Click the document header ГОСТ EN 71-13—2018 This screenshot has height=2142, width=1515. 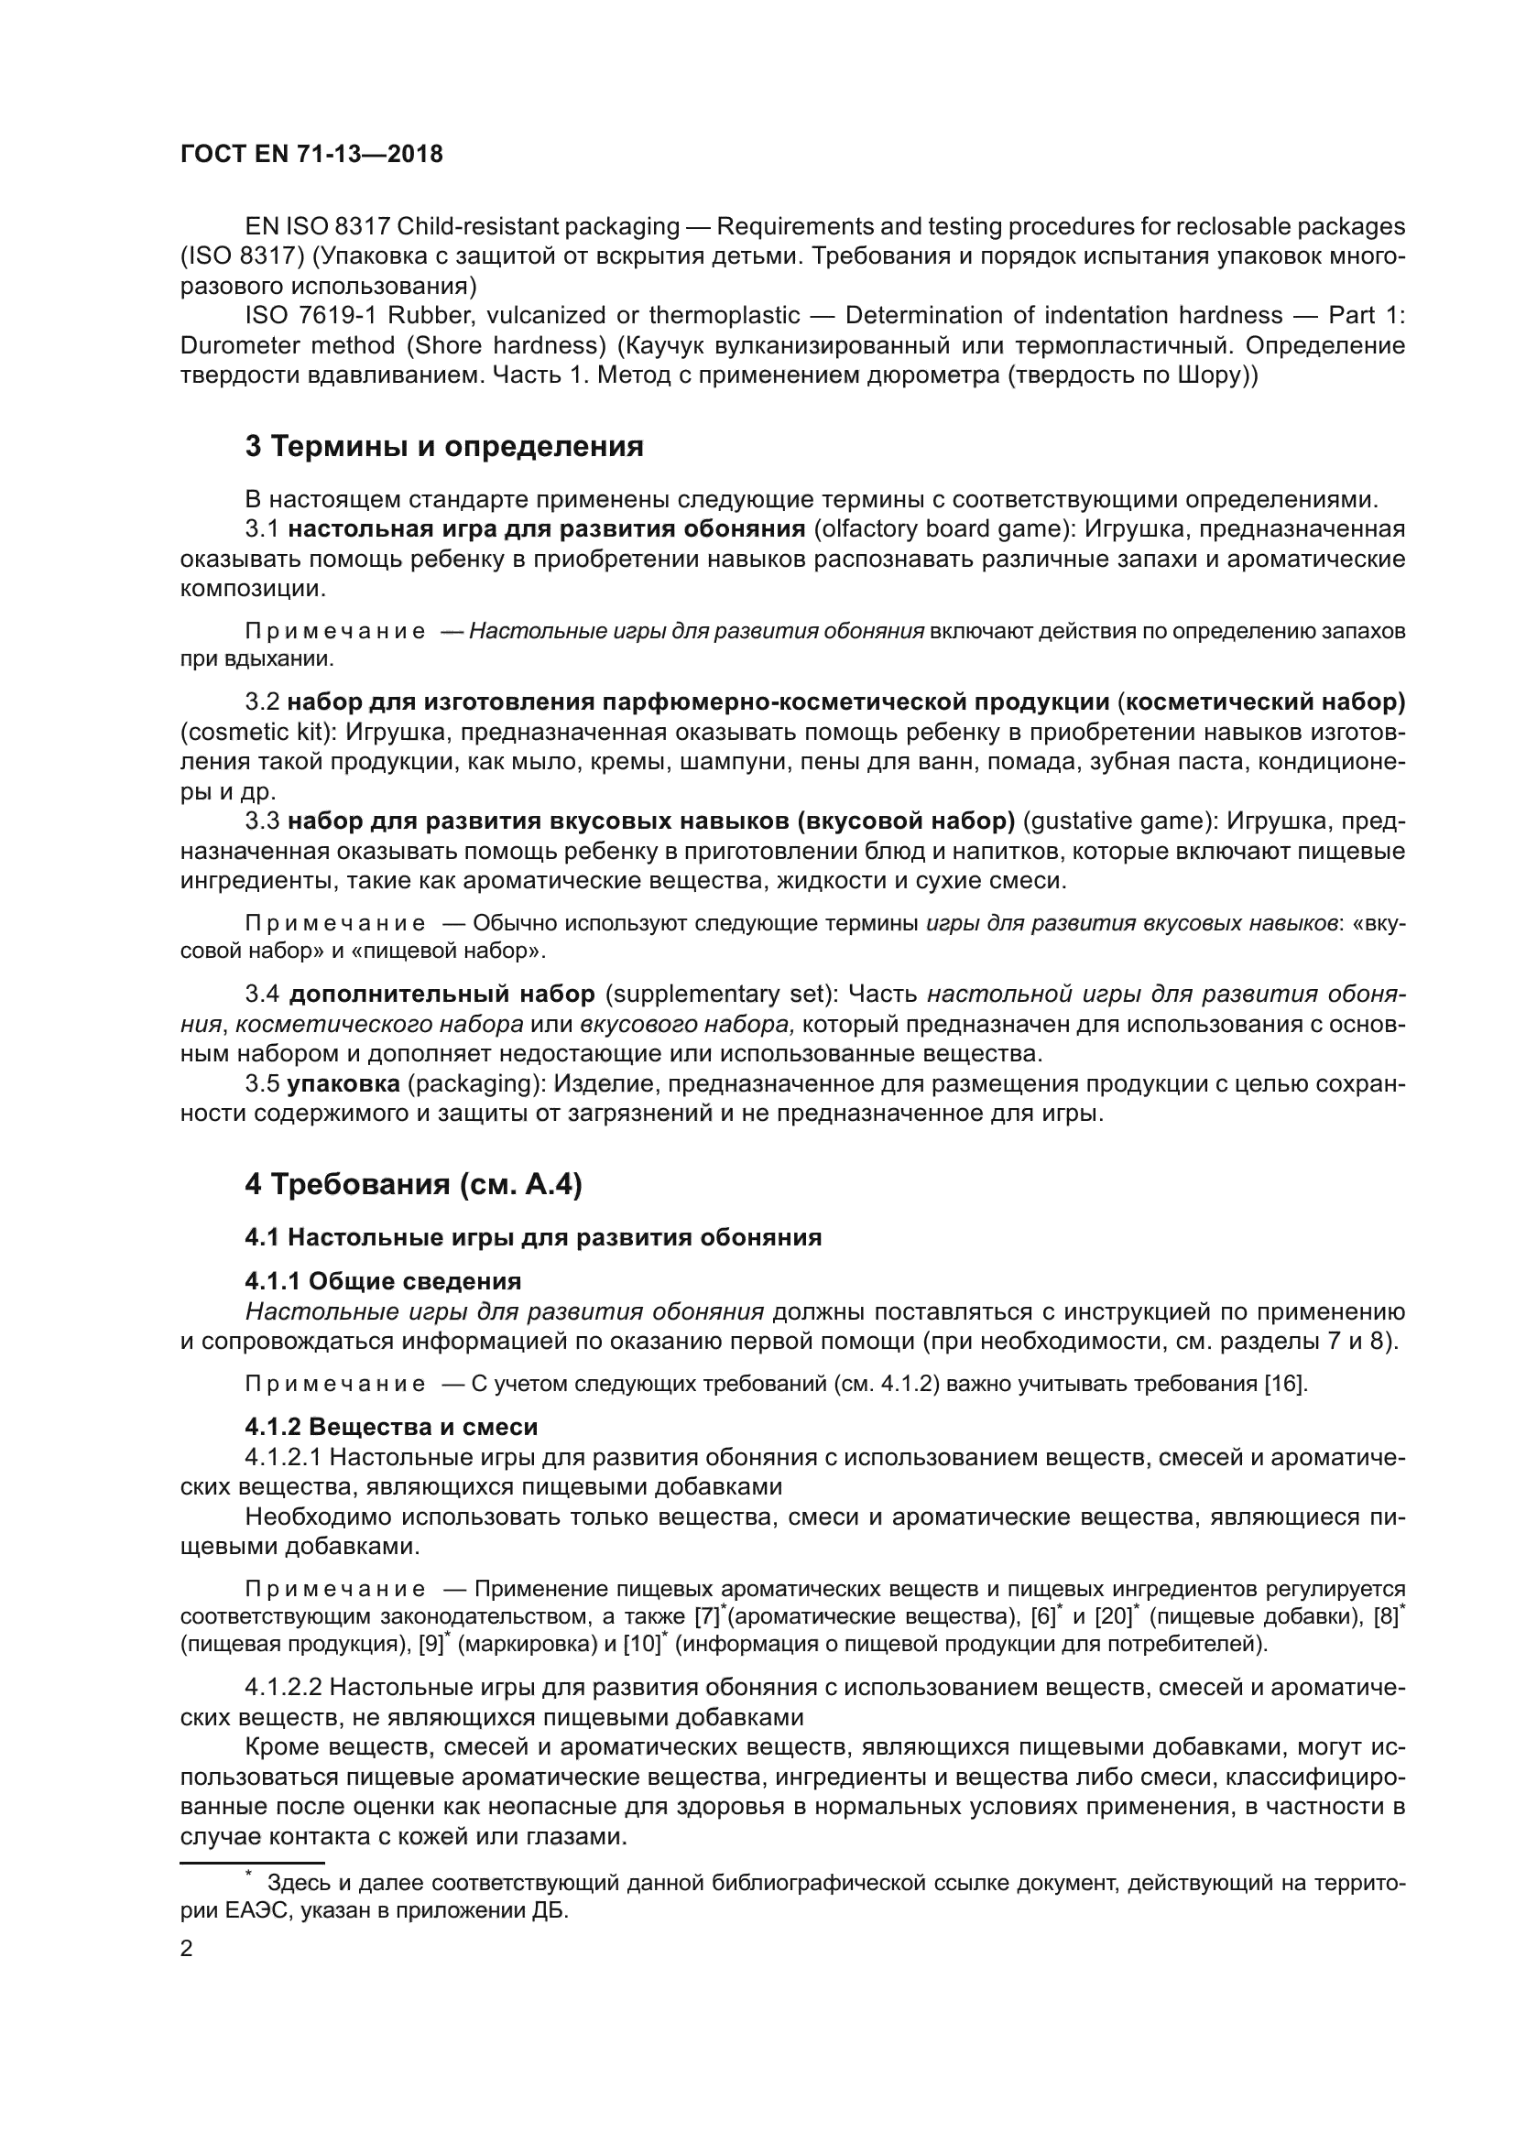tap(311, 155)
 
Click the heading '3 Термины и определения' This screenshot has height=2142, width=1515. tap(444, 447)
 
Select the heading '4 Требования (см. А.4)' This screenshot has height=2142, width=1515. tap(413, 1185)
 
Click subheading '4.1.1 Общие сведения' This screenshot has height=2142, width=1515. tap(383, 1281)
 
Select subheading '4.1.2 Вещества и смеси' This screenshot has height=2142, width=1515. tap(391, 1428)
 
